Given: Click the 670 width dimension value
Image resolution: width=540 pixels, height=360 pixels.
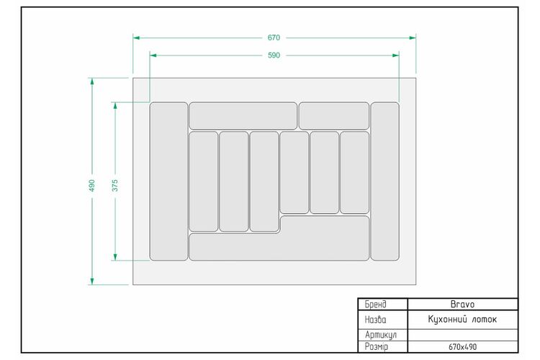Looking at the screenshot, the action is coord(274,37).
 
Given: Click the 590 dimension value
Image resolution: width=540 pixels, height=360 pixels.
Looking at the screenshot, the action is coord(274,55).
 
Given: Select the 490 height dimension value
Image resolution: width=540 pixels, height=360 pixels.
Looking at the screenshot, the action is coord(91,185).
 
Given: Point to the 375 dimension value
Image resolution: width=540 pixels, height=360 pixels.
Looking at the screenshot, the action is coord(115,185).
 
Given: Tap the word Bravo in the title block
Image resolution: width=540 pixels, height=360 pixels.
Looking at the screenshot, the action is coord(462,304).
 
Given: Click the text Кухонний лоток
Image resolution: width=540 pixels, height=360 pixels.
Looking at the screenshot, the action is coord(462,320).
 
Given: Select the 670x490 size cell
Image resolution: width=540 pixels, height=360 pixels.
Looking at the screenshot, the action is coord(462,347).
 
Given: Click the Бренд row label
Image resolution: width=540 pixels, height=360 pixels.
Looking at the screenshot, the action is coord(376,304).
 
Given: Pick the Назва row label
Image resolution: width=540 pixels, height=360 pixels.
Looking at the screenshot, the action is coord(375,320).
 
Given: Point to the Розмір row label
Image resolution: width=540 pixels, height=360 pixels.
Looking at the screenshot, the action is coord(377,347).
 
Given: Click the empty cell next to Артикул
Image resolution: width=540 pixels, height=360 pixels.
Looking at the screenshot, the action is coord(462,335).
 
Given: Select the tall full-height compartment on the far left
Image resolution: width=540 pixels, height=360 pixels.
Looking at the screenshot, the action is coord(168,181).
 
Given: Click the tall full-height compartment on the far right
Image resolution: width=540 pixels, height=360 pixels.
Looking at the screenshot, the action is coord(384,181).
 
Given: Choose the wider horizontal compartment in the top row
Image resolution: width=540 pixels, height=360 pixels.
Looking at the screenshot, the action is coord(243,116).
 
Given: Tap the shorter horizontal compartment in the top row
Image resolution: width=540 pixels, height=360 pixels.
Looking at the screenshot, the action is coord(334,116).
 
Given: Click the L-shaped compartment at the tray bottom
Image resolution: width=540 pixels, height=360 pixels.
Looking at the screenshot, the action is coord(279,247).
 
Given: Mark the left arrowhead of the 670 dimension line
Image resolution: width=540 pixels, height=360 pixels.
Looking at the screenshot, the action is coord(136,37).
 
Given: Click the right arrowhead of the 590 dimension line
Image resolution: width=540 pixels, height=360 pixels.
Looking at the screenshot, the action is coord(396,55).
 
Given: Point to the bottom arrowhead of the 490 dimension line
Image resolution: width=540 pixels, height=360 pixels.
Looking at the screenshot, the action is coord(92,282).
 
